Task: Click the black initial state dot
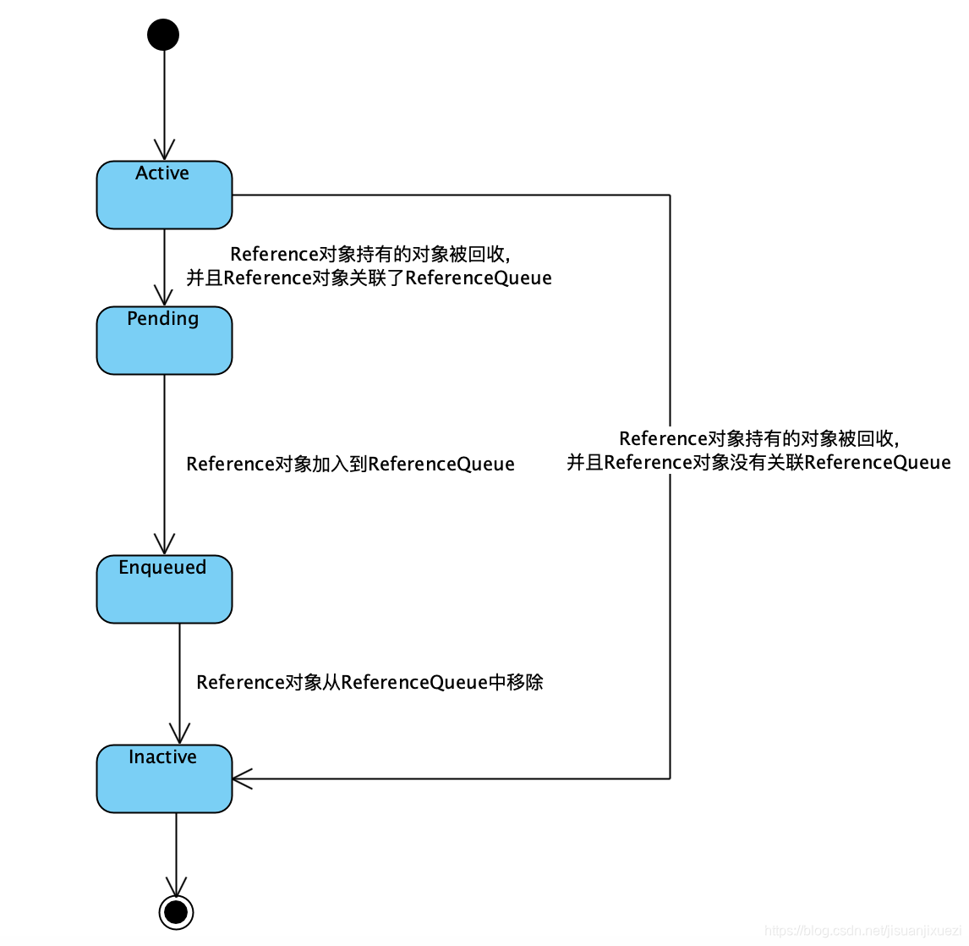coord(163,35)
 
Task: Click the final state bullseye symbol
coord(176,911)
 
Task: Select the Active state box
coord(164,203)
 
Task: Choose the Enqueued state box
coord(164,597)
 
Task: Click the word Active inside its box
coord(162,173)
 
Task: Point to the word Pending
coord(163,319)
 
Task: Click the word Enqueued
coord(162,568)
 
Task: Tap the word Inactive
coord(162,757)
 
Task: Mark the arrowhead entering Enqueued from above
coord(164,545)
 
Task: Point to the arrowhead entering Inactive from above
coord(179,734)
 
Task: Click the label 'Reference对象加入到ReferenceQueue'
coord(350,465)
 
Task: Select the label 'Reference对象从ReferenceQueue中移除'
coord(370,683)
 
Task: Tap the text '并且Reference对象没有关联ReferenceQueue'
coord(758,463)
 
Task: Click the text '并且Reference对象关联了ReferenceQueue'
coord(369,278)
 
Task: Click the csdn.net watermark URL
coord(862,931)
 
